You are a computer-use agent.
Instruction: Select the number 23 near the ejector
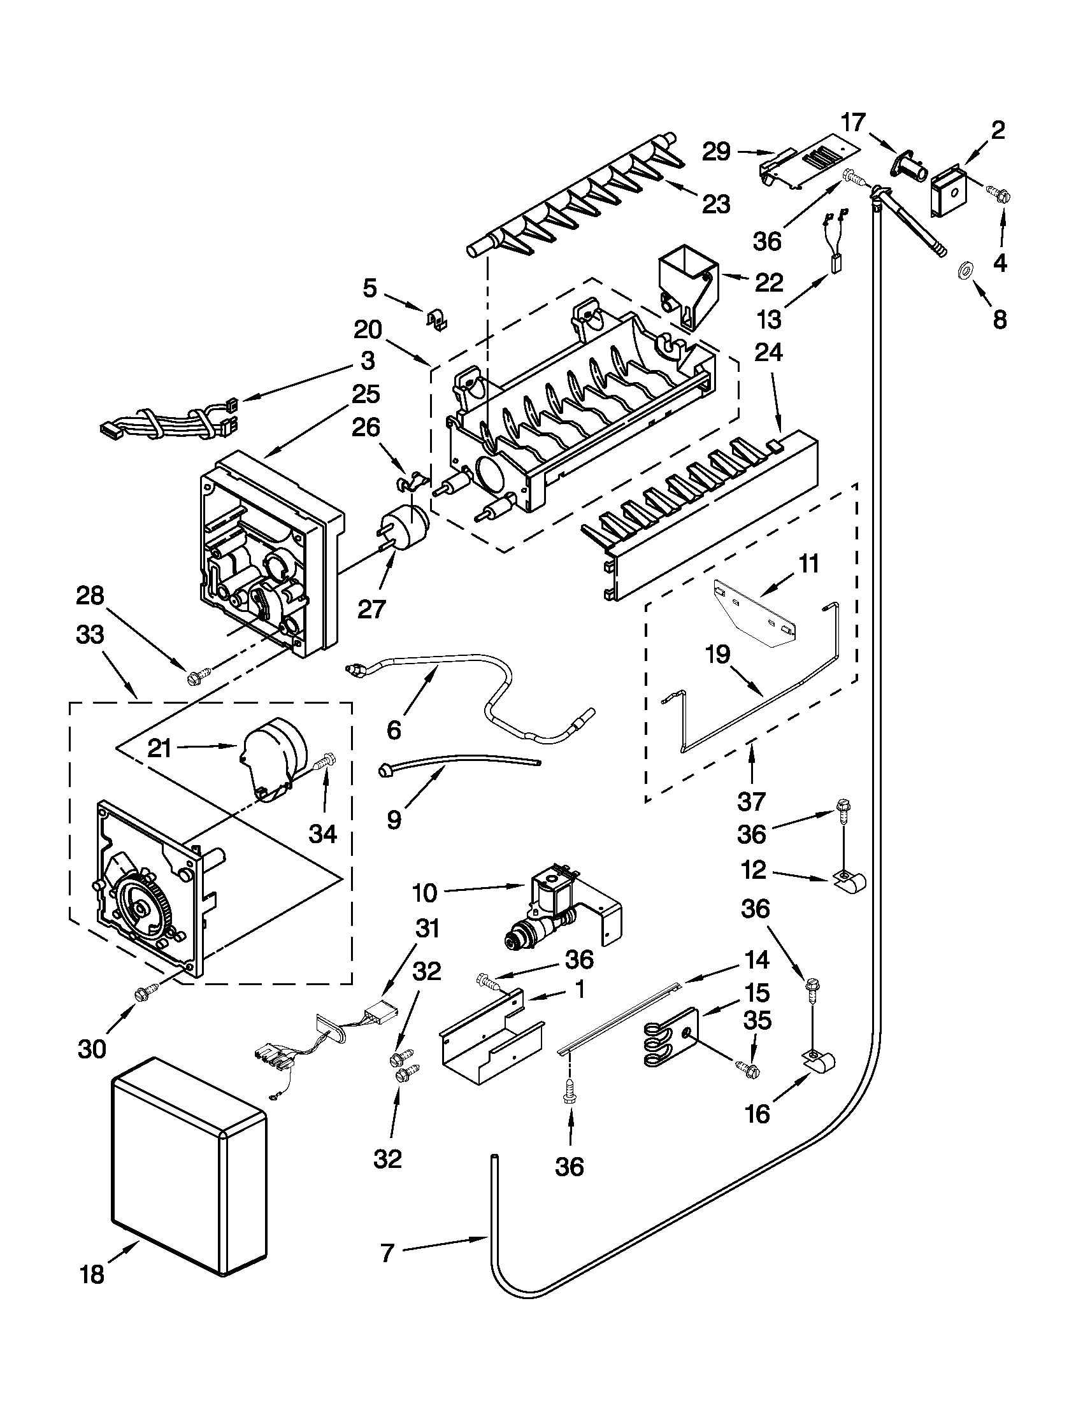(x=716, y=204)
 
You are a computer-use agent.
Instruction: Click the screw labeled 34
(x=326, y=762)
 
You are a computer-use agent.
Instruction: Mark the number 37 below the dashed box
(x=751, y=801)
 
